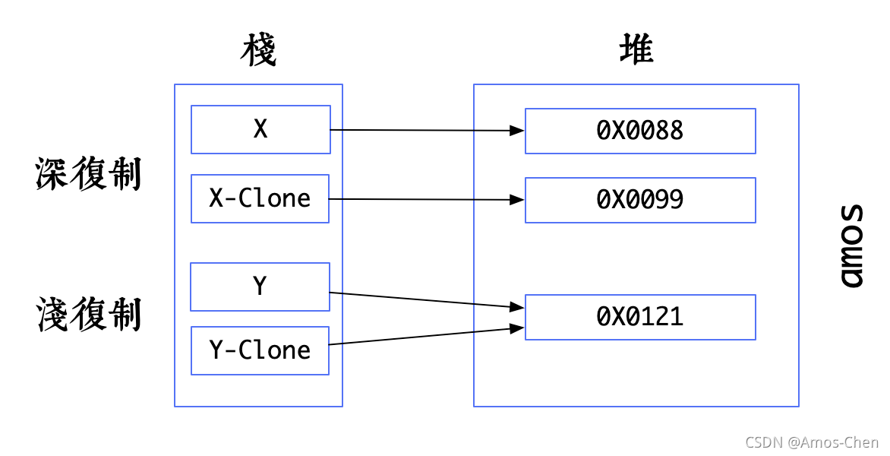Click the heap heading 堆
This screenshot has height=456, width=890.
[636, 51]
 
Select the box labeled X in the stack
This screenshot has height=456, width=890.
[260, 130]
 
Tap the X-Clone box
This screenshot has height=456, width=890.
[260, 199]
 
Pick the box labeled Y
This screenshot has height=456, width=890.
[260, 287]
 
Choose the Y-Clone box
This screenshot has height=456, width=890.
[260, 350]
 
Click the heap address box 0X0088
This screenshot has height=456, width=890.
[640, 131]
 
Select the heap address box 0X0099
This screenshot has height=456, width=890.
[640, 200]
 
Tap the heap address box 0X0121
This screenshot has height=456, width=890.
[640, 317]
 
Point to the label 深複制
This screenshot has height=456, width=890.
[88, 174]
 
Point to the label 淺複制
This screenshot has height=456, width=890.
[88, 315]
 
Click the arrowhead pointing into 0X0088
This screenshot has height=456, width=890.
[517, 131]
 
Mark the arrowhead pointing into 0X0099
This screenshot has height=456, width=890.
[517, 200]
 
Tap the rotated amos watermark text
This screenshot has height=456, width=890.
[854, 245]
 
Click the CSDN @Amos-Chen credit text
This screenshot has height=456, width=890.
[812, 442]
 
